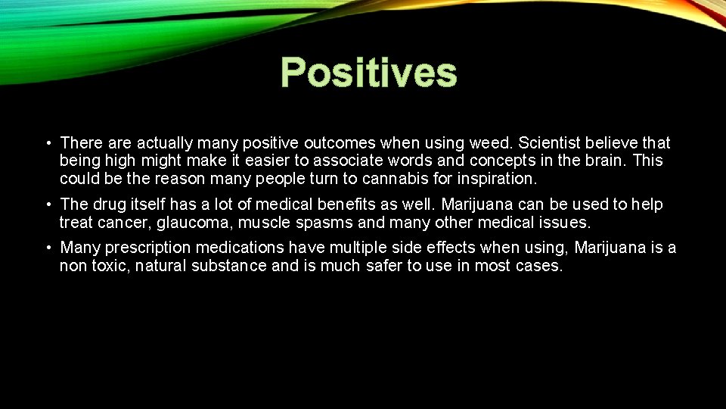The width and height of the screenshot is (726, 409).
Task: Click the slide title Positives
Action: pyautogui.click(x=368, y=73)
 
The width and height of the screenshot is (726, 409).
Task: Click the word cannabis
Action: pyautogui.click(x=377, y=180)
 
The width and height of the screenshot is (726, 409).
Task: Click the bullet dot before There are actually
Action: pyautogui.click(x=48, y=143)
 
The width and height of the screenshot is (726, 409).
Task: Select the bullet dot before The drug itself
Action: pyautogui.click(x=48, y=205)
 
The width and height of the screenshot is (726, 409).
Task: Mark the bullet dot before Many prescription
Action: pyautogui.click(x=48, y=248)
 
